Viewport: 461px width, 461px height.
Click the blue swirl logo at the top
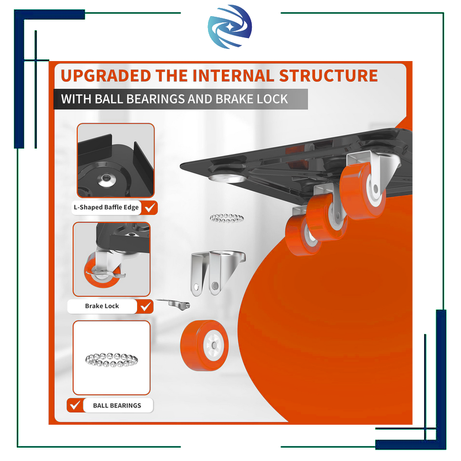[229, 27]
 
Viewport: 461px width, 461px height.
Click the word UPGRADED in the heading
[106, 76]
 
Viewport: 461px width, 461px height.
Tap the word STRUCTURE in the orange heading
[328, 76]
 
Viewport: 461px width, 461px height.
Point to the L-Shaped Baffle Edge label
[106, 207]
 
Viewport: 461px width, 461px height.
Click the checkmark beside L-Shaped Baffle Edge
[150, 207]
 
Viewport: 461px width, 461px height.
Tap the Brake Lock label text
[102, 306]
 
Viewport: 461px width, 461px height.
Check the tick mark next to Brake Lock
[146, 307]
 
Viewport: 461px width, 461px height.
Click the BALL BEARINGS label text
[117, 406]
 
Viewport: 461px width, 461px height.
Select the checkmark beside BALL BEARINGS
[75, 405]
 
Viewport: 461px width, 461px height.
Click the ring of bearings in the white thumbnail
[111, 360]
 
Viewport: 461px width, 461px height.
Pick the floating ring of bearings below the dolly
[226, 218]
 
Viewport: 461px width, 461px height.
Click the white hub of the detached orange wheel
[214, 345]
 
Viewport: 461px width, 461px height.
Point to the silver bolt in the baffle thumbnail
[106, 180]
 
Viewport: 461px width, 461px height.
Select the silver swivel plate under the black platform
[227, 177]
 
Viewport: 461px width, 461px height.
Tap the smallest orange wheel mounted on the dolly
[303, 235]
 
